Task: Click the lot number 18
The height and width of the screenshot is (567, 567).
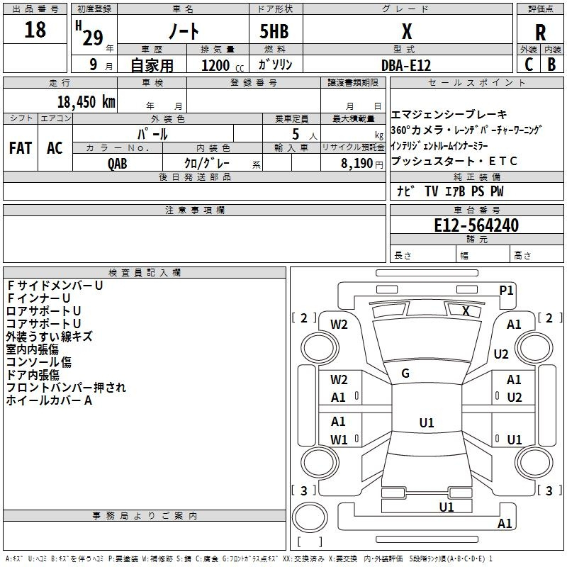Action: (x=35, y=29)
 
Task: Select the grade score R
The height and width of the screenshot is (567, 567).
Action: (x=540, y=33)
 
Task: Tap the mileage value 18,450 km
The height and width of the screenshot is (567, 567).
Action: (x=86, y=101)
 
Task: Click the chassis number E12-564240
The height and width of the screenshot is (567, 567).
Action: (x=476, y=225)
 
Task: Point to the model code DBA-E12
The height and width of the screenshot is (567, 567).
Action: (x=406, y=65)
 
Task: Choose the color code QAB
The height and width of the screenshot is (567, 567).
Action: (x=117, y=164)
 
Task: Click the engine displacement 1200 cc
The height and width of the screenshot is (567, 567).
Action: (x=223, y=65)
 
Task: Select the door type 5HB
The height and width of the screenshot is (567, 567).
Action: (x=274, y=31)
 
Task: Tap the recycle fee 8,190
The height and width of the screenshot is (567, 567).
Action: (x=357, y=163)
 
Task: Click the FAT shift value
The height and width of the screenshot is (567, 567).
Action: (x=21, y=148)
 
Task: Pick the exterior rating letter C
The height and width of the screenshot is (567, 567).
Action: (x=529, y=64)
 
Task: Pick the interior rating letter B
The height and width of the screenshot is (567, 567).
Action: (x=551, y=64)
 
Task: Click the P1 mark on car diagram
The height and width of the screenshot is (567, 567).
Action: (x=506, y=291)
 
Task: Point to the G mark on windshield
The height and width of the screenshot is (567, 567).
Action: (x=405, y=374)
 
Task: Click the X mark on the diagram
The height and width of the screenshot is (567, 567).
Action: (x=466, y=311)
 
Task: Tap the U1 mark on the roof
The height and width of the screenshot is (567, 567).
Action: (x=427, y=422)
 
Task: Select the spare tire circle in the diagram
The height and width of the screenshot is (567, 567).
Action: (x=310, y=517)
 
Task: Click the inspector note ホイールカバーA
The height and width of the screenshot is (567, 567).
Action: (x=49, y=400)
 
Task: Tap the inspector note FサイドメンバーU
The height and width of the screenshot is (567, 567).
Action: (x=55, y=286)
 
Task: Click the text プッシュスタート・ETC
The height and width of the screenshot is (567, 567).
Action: (x=454, y=161)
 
